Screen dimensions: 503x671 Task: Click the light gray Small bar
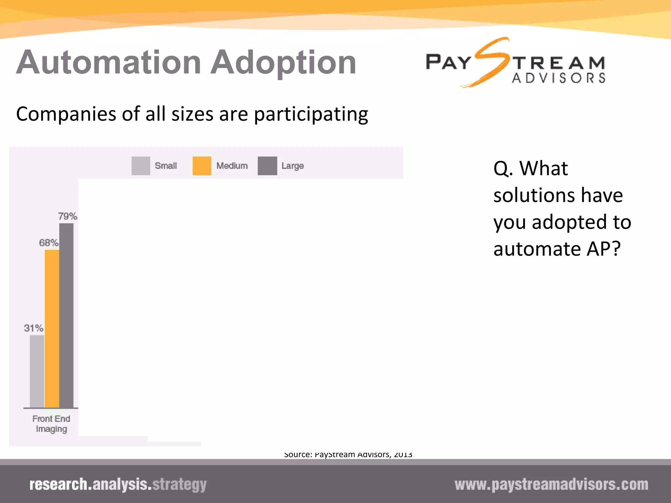click(37, 371)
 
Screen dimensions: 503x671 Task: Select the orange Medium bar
click(52, 329)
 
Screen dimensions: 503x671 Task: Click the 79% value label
click(67, 216)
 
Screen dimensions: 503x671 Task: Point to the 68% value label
click(48, 243)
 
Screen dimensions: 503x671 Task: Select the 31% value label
click(33, 328)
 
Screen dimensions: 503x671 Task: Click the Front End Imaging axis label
click(51, 424)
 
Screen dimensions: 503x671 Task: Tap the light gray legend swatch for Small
click(141, 166)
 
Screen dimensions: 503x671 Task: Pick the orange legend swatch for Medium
click(202, 166)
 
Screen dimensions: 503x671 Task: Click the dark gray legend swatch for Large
click(267, 166)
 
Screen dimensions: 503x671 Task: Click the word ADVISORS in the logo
click(559, 78)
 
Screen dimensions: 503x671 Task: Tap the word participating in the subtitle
click(311, 114)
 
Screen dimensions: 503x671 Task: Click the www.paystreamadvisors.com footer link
click(551, 485)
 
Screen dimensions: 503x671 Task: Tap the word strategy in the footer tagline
click(180, 485)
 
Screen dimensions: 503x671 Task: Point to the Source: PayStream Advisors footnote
click(348, 455)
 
